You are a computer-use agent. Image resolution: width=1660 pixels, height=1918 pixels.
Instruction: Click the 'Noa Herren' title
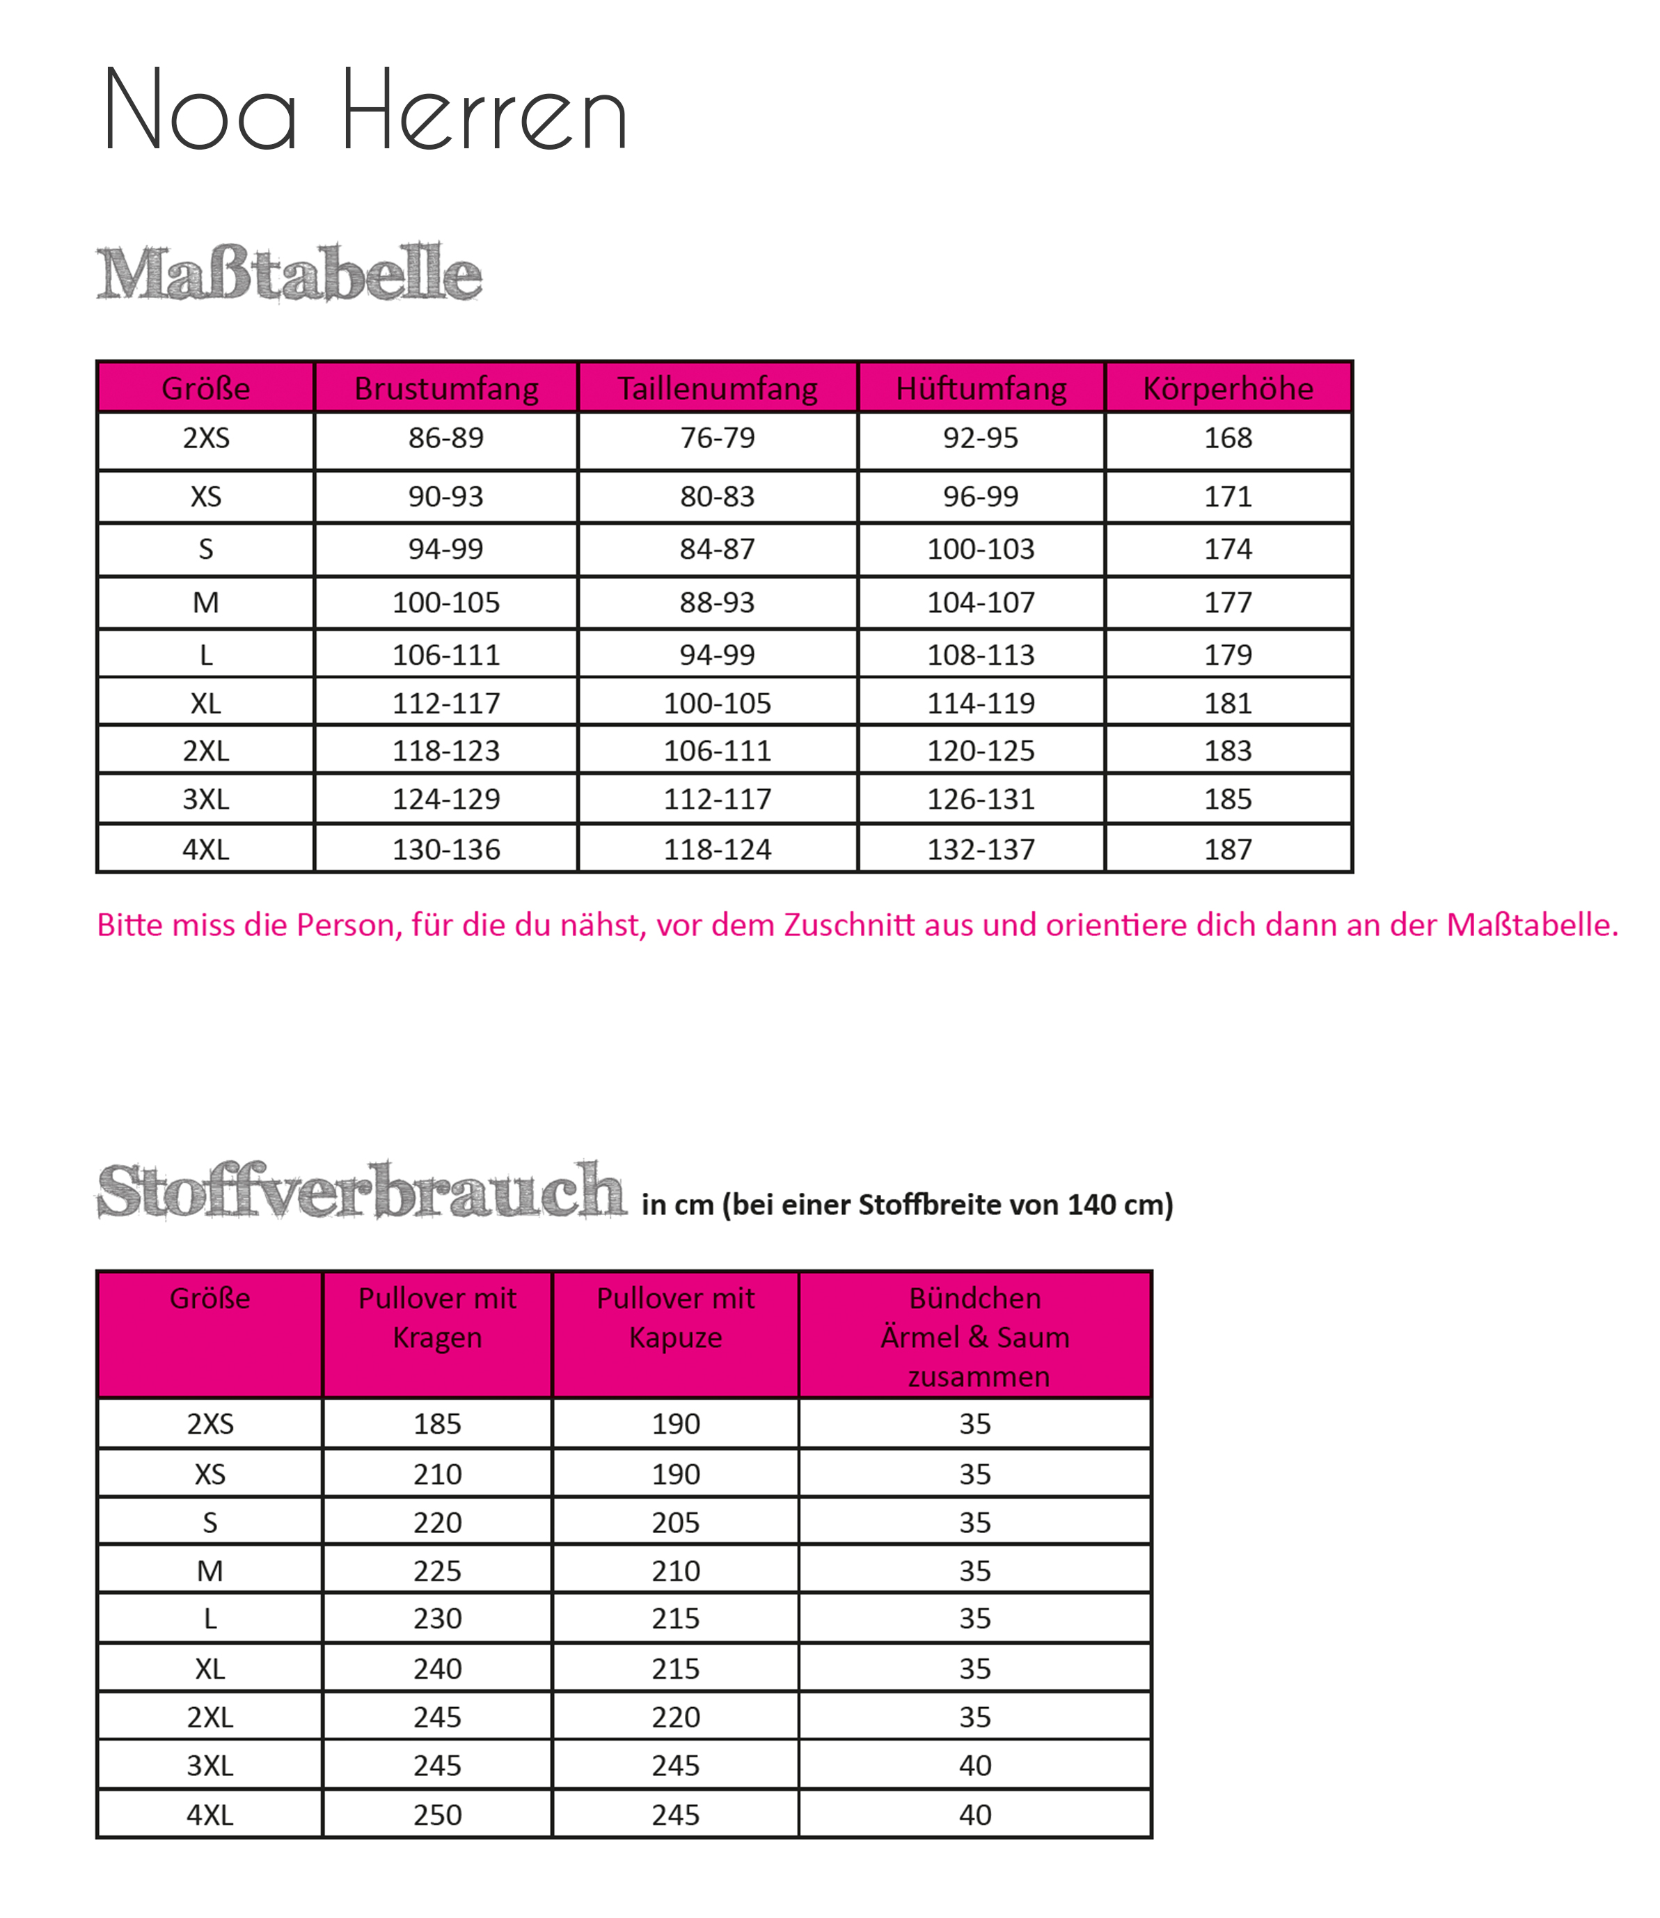tap(366, 111)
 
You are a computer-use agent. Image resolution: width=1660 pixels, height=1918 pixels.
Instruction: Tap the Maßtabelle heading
tap(289, 274)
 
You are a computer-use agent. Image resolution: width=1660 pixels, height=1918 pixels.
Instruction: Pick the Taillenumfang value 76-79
tap(717, 438)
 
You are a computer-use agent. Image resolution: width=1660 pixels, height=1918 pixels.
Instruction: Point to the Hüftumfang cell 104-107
tap(980, 603)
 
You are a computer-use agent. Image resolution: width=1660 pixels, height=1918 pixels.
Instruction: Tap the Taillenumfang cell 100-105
tap(717, 704)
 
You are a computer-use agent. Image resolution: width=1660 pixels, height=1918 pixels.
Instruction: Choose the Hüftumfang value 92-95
tap(980, 438)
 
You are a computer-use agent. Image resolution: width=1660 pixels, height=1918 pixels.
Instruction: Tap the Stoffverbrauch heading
tap(361, 1192)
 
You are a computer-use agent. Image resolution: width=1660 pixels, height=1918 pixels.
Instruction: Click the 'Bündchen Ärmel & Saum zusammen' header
tap(974, 1336)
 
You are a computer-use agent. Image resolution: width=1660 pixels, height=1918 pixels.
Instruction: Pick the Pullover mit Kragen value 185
tap(437, 1423)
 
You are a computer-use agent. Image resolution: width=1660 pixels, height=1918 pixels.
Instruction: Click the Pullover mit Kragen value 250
tap(437, 1814)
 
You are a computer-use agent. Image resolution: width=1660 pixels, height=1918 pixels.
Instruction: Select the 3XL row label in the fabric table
tap(210, 1765)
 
